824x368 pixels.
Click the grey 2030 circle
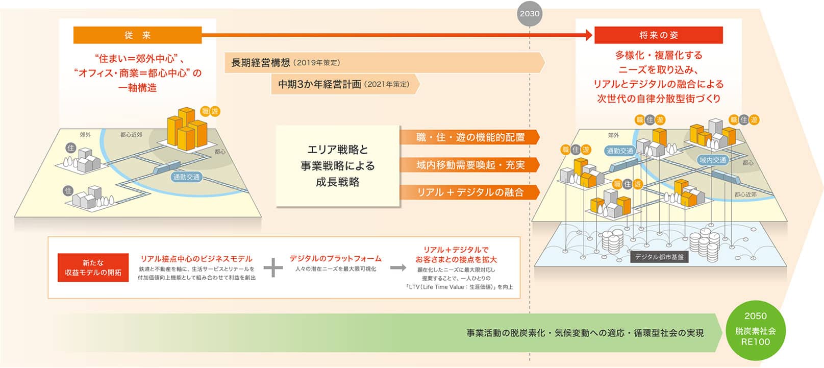point(530,14)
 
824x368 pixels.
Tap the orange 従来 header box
point(138,35)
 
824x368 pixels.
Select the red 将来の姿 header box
point(659,35)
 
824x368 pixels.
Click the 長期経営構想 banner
point(384,63)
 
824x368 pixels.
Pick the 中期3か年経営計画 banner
point(345,84)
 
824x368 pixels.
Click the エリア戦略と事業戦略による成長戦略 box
point(338,166)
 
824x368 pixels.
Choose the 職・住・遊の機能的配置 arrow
point(470,137)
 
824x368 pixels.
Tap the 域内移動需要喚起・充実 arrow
point(470,165)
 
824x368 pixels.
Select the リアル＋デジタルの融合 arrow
point(470,192)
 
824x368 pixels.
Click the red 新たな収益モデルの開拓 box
point(93,267)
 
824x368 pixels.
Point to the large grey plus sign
point(273,267)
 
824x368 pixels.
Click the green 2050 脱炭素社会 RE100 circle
point(756,330)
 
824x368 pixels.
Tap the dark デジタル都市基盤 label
point(659,257)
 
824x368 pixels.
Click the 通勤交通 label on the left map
point(187,177)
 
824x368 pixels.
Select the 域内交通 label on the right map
point(713,160)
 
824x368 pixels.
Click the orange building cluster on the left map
point(187,129)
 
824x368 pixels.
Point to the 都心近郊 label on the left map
point(131,135)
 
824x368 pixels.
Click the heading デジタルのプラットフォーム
point(336,259)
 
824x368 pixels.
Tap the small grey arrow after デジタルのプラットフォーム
point(398,267)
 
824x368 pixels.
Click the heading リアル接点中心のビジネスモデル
point(196,259)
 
